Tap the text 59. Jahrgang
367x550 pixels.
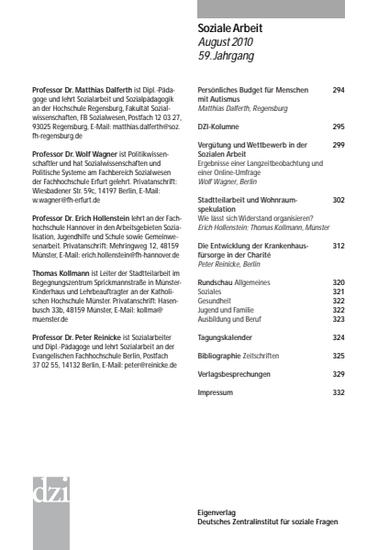pos(229,56)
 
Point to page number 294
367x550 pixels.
pos(338,91)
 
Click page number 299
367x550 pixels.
pos(338,145)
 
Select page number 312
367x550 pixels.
pos(338,247)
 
